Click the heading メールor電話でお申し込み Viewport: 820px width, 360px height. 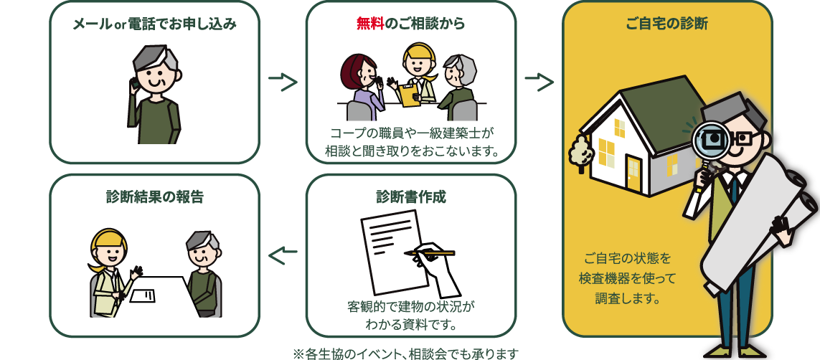[154, 24]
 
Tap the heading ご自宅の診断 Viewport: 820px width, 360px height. [666, 24]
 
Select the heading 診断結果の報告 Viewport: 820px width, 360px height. [154, 196]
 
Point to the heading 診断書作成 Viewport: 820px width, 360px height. [410, 196]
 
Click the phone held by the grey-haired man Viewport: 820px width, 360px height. [134, 83]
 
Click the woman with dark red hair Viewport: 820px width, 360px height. [362, 82]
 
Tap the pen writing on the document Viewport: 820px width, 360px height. [430, 253]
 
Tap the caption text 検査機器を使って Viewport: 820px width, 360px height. [627, 278]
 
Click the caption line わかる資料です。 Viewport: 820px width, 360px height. [411, 325]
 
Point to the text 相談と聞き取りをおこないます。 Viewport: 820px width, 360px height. [411, 151]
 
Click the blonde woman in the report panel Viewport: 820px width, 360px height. [110, 273]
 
